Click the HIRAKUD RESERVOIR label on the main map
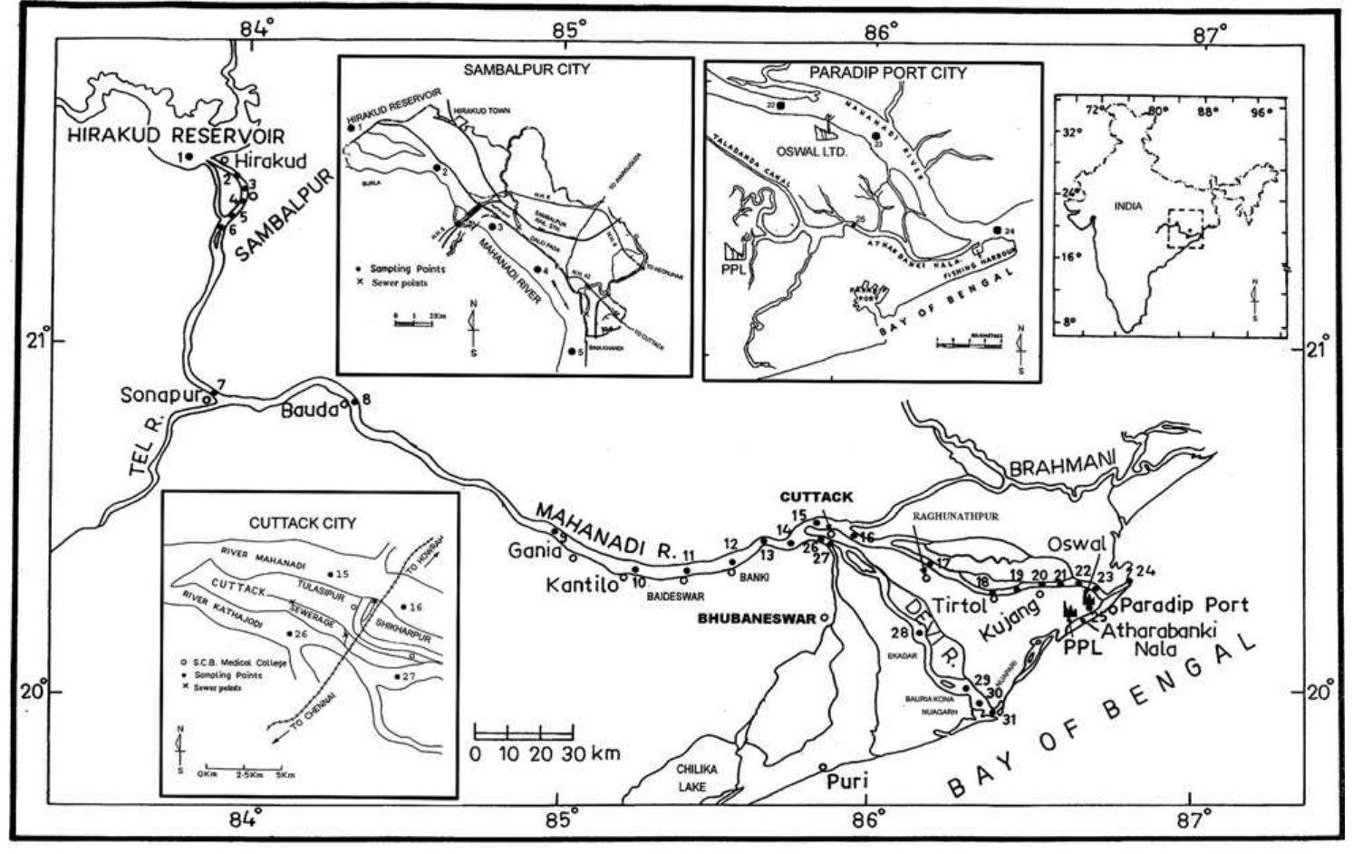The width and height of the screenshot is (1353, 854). coord(177,136)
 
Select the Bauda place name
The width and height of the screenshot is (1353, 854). coord(308,410)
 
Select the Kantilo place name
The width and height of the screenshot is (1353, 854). coord(581,586)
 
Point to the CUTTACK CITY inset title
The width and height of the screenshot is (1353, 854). coord(302,523)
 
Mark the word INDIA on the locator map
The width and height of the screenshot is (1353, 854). coord(1128,206)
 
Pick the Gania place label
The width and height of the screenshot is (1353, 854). coord(530,550)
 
